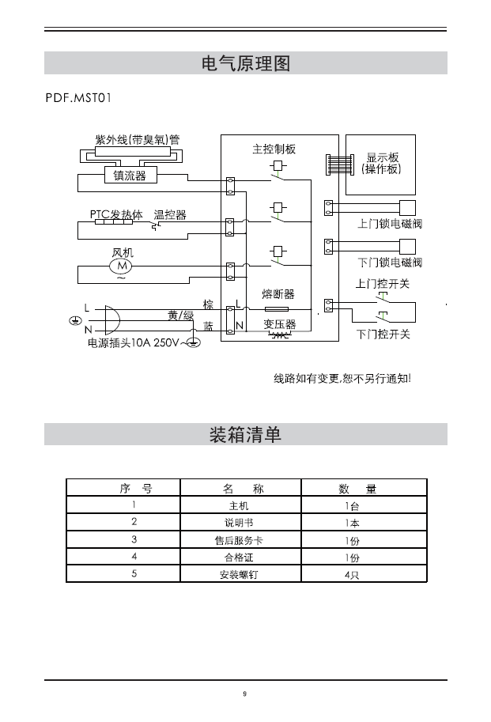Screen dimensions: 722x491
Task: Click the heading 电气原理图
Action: pos(246,63)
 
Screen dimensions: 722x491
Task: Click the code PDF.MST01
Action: pos(78,99)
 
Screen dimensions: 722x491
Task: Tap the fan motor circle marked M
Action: pos(122,266)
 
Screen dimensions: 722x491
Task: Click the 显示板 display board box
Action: pos(382,164)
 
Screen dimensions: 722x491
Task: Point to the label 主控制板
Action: pos(274,149)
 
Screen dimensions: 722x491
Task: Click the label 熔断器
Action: pos(278,294)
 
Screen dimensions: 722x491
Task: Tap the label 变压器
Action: pos(279,324)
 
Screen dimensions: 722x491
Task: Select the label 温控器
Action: pos(170,214)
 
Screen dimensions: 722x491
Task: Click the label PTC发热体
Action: pos(116,214)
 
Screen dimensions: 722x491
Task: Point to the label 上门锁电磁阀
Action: pos(390,224)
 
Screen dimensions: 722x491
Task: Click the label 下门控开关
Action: pos(383,335)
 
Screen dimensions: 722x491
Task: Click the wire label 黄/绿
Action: pos(181,315)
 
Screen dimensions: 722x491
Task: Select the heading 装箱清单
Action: pos(246,435)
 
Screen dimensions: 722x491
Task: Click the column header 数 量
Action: pos(357,488)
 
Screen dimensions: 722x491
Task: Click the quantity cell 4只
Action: pos(352,574)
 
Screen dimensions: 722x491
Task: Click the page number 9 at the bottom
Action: pos(245,694)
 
